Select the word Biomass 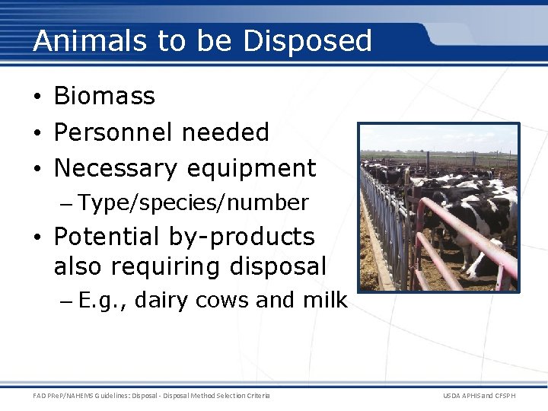[104, 97]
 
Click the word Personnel [107, 132]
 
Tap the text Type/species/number [193, 203]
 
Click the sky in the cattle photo [438, 137]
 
